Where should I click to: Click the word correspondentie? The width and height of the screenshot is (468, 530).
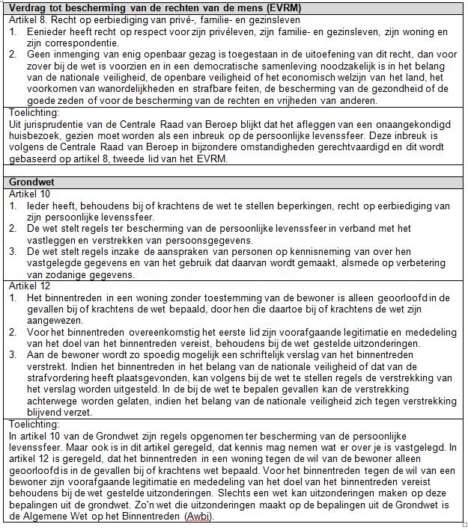(70, 44)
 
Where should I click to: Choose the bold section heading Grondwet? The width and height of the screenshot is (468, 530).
(30, 182)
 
